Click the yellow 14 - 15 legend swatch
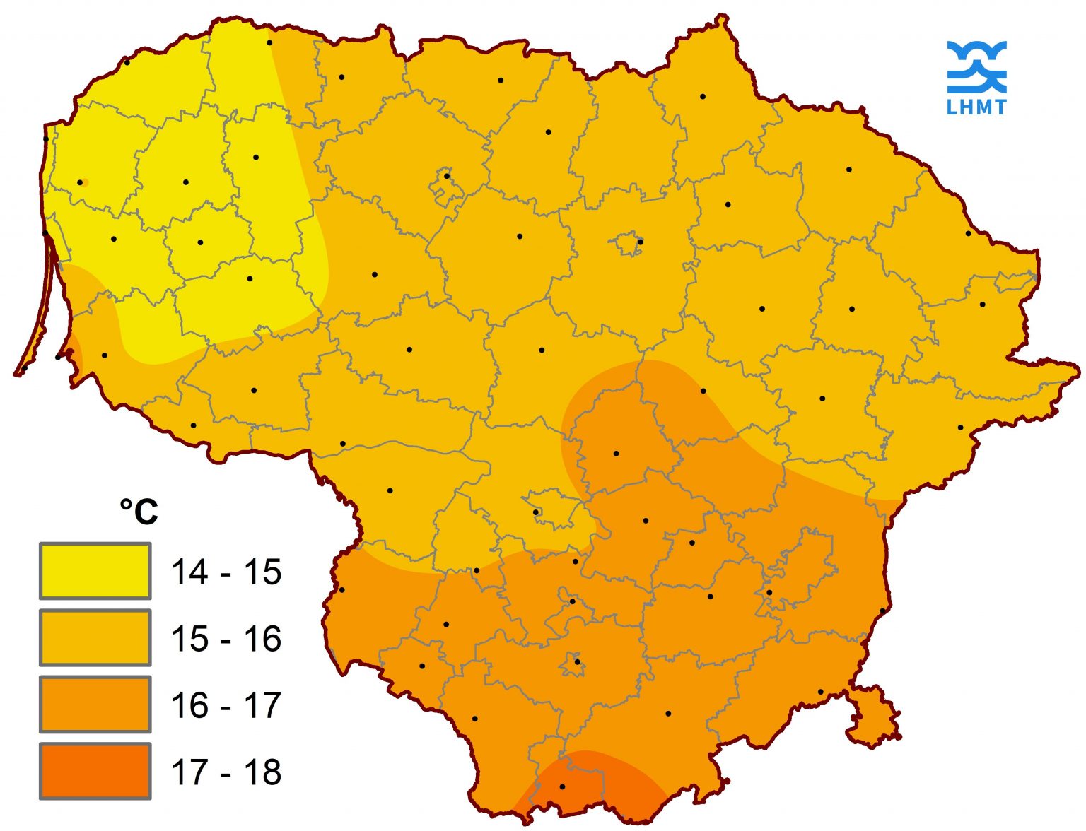(95, 570)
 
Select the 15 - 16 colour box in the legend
(95, 637)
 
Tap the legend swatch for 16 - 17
(95, 704)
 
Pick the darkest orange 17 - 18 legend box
(95, 771)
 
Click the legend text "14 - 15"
(226, 572)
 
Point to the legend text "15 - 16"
(226, 639)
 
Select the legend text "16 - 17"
(226, 705)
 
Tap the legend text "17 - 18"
(226, 772)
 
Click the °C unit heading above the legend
(139, 511)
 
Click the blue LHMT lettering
(976, 107)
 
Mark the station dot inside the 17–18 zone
(562, 786)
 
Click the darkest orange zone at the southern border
(601, 784)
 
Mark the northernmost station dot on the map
(269, 42)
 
